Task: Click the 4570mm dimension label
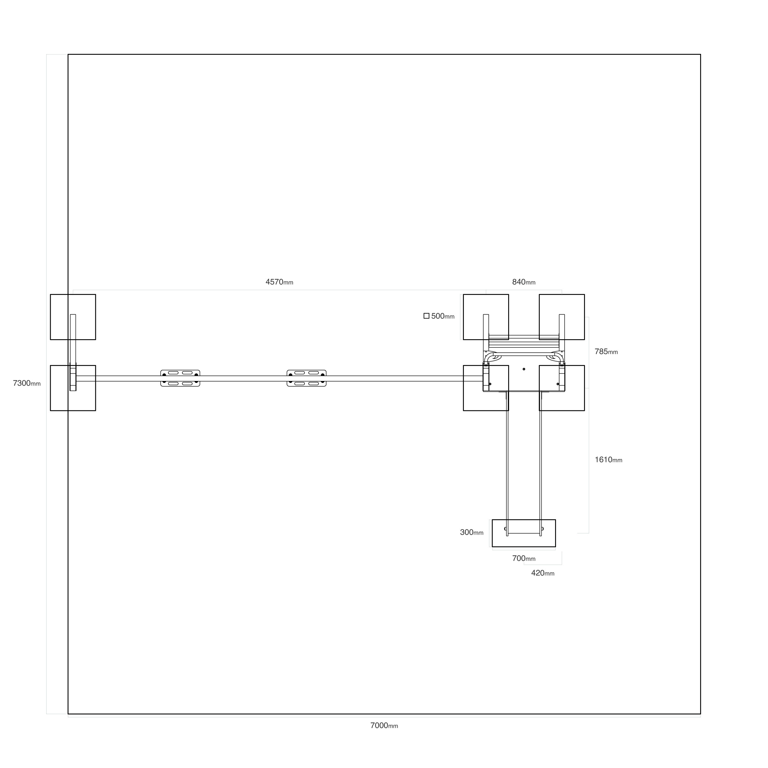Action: point(280,282)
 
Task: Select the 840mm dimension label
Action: point(523,282)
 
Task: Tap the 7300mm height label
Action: point(27,383)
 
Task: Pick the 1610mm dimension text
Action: point(609,460)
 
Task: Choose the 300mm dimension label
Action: point(472,532)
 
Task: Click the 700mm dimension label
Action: point(523,559)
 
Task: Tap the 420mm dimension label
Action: point(543,573)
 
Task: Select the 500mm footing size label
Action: point(443,317)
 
